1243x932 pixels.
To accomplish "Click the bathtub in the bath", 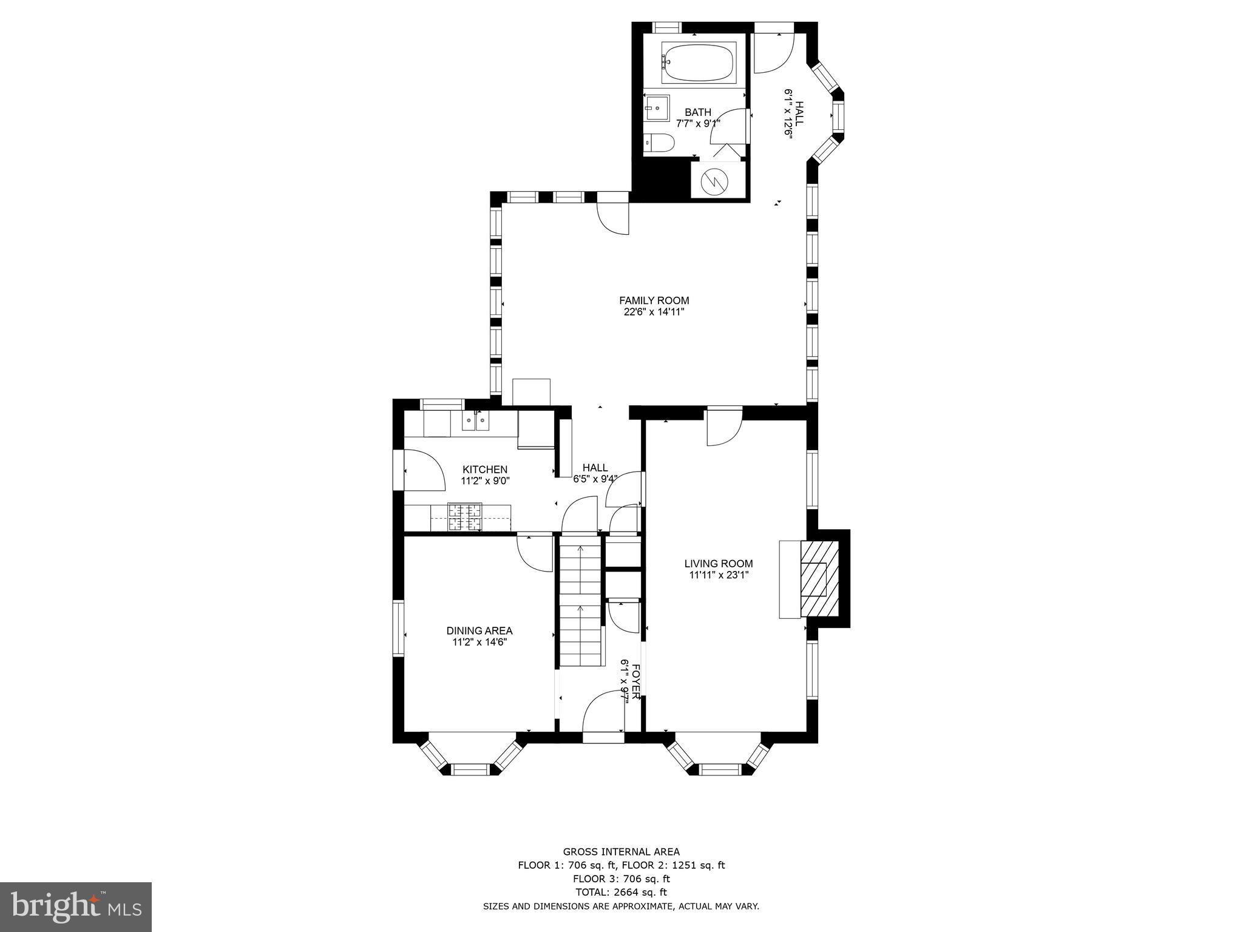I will pyautogui.click(x=697, y=62).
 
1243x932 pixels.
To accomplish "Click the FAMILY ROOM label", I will pyautogui.click(x=654, y=300).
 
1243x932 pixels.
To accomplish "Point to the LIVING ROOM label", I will pyautogui.click(x=719, y=564).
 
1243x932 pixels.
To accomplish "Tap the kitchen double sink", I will pyautogui.click(x=475, y=420).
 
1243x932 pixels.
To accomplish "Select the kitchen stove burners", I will pyautogui.click(x=465, y=518).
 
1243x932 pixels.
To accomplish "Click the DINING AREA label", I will pyautogui.click(x=479, y=630).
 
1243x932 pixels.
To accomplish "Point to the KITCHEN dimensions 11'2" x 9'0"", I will pyautogui.click(x=485, y=481).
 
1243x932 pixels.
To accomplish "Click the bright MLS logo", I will pyautogui.click(x=76, y=907).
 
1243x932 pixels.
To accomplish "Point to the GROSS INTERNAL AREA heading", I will pyautogui.click(x=621, y=852).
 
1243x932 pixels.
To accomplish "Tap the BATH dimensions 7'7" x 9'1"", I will pyautogui.click(x=698, y=123).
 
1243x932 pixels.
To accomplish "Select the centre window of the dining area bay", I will pyautogui.click(x=470, y=769).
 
